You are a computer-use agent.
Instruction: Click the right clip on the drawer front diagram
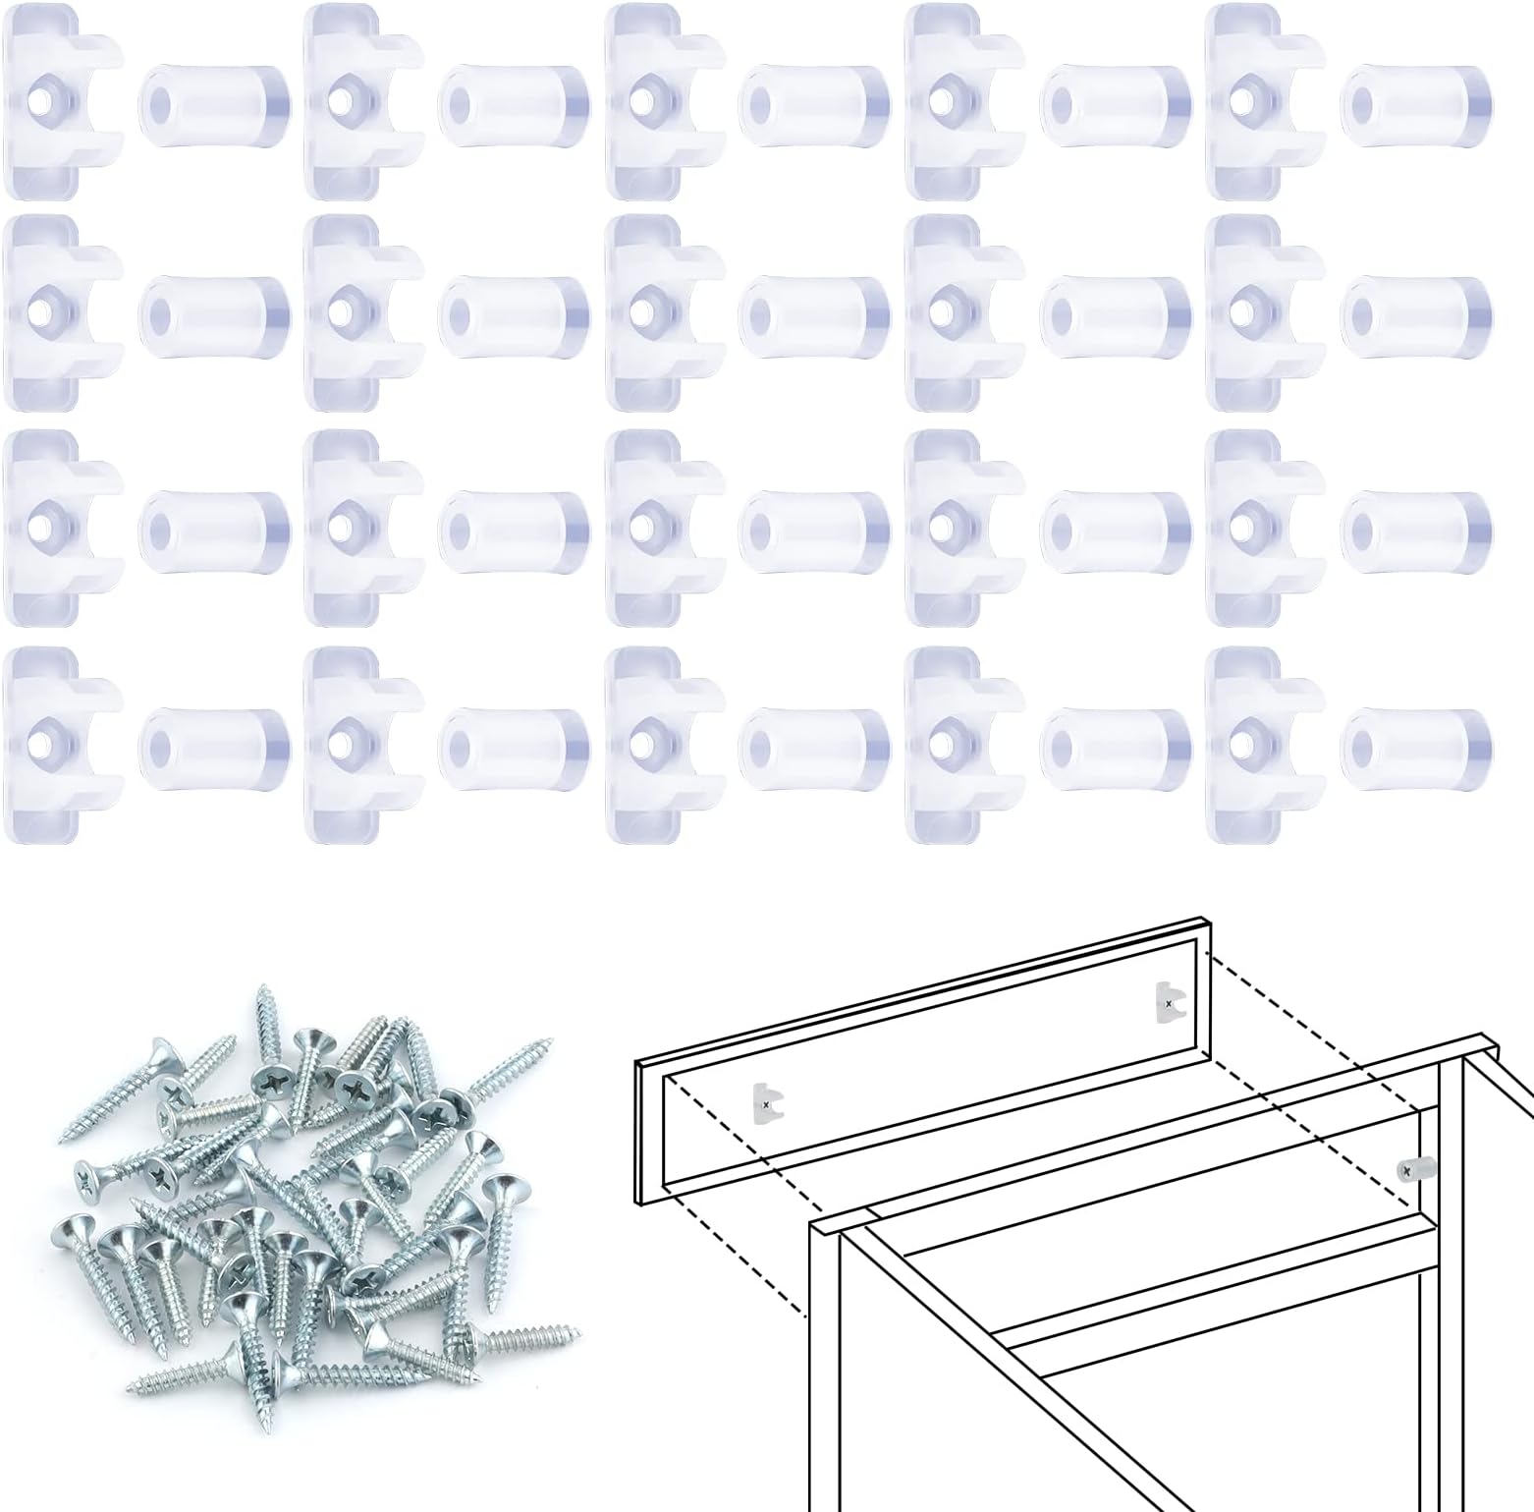(x=1166, y=1001)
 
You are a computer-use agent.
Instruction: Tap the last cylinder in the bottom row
(x=1416, y=742)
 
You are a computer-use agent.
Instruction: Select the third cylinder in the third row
(x=814, y=528)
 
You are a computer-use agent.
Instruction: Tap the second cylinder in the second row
(x=514, y=314)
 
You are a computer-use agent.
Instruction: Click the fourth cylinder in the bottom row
(x=1116, y=742)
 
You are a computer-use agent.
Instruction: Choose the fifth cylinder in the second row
(x=1416, y=314)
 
